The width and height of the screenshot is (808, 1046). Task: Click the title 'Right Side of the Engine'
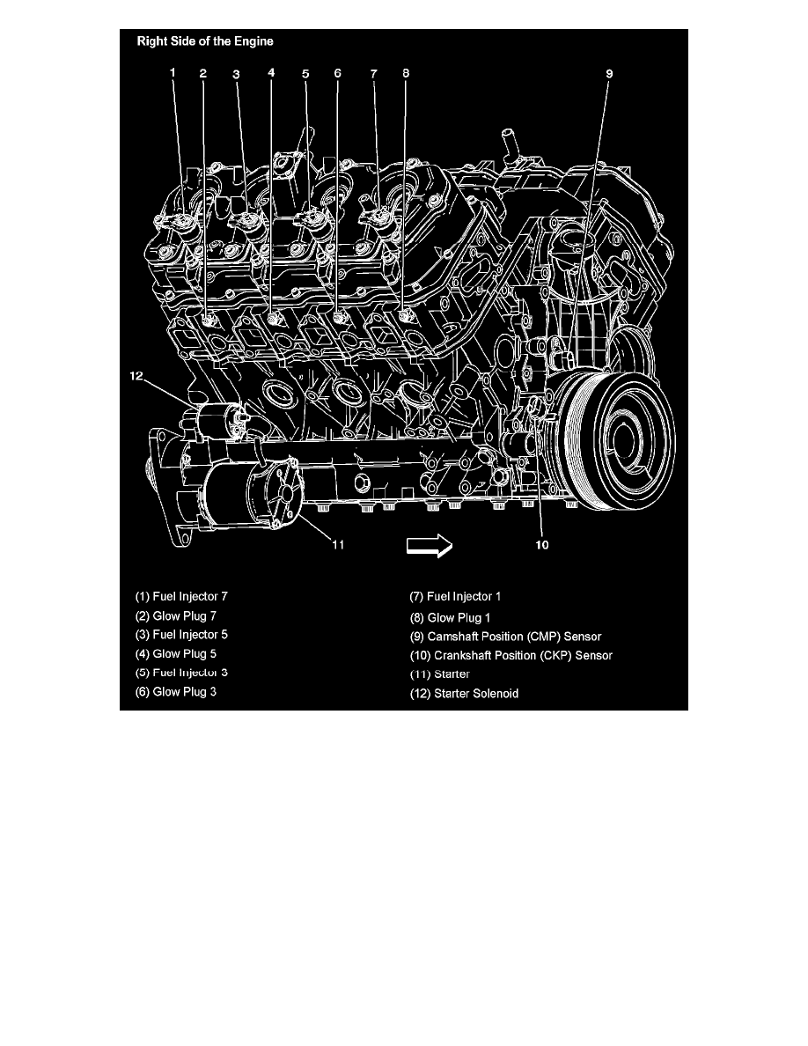(203, 41)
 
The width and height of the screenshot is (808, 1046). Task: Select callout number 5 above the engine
(305, 74)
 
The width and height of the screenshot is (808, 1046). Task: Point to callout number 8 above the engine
(406, 74)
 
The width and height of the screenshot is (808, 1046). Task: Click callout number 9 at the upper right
(608, 74)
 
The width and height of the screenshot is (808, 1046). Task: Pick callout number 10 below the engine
(542, 545)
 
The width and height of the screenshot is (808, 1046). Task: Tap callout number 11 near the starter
(337, 544)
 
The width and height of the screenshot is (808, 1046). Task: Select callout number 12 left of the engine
(136, 376)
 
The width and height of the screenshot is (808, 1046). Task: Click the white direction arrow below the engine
(429, 546)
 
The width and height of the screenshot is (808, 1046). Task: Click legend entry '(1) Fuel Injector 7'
(181, 596)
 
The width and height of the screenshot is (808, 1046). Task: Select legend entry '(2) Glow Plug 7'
(175, 615)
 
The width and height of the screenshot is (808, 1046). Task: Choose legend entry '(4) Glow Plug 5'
(175, 653)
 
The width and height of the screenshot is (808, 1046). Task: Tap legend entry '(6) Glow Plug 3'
(175, 692)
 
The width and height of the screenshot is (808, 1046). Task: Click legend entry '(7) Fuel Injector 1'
(456, 597)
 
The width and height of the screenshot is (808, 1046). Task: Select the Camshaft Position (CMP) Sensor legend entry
(506, 636)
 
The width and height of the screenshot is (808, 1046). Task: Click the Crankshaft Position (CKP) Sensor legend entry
(511, 655)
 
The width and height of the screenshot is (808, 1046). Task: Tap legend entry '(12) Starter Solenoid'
(465, 693)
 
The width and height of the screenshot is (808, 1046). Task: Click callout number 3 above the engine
(236, 74)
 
